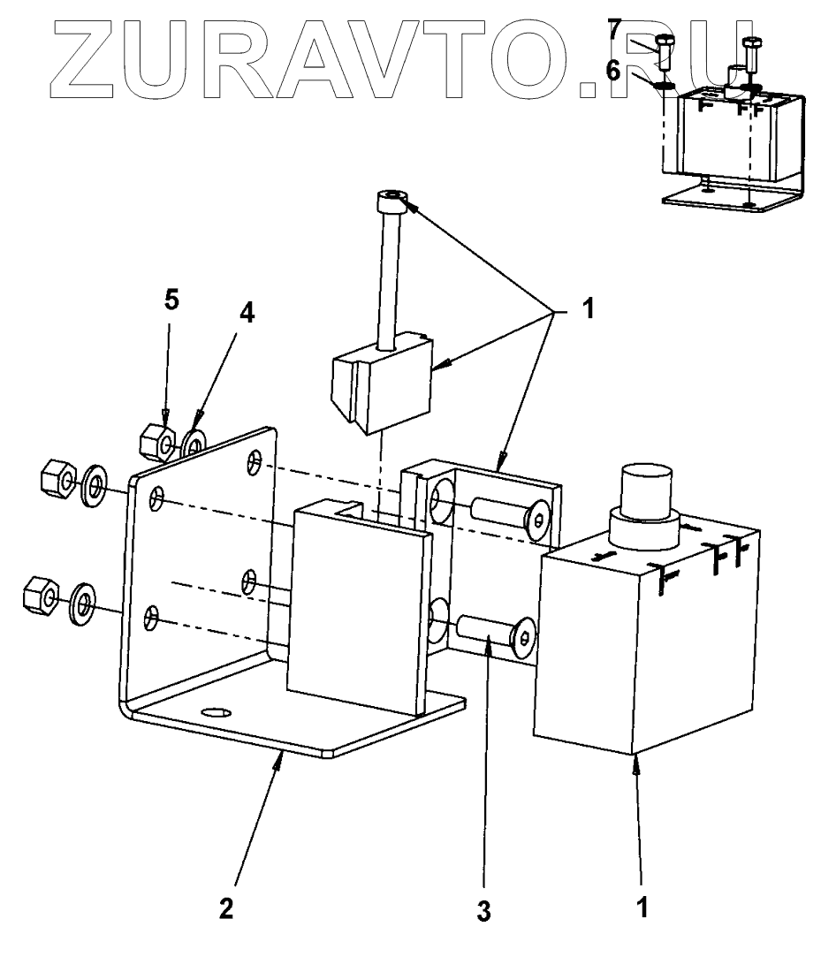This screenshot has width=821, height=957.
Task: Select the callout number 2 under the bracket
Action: click(226, 908)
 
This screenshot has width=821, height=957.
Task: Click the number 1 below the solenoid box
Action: click(643, 907)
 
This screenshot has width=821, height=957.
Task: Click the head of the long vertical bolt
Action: click(390, 202)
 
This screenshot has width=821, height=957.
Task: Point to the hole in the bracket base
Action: click(214, 711)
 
